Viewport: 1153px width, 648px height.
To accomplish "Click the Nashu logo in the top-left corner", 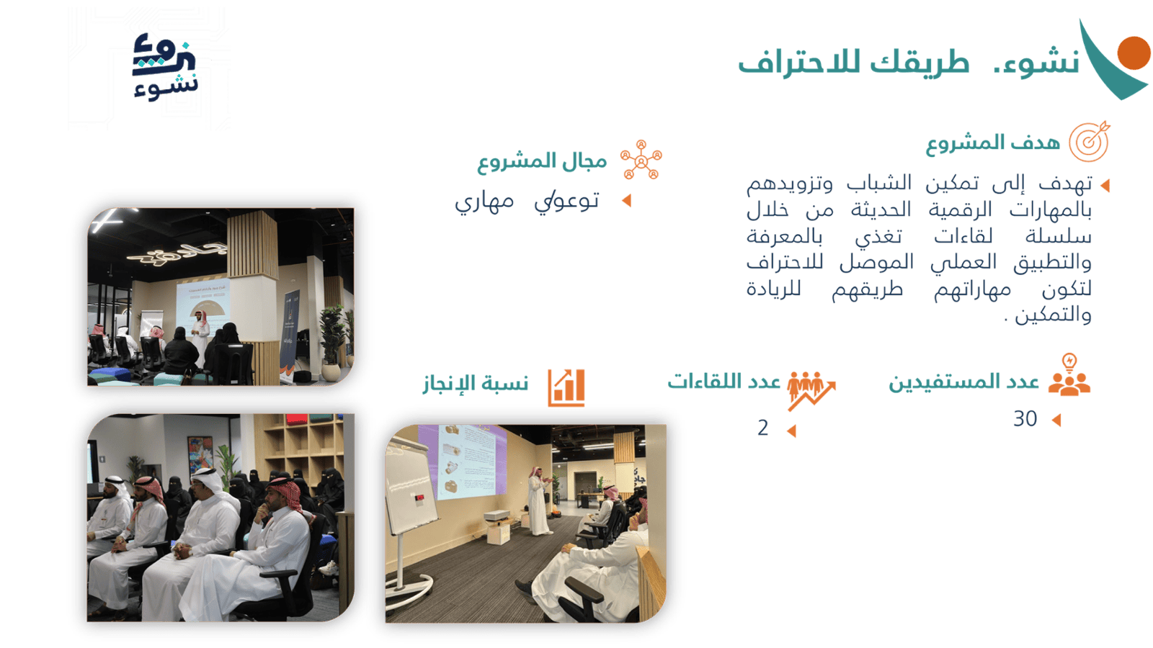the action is (165, 67).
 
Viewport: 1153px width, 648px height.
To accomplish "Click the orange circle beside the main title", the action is (1134, 53).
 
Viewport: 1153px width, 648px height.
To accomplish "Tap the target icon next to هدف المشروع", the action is (1089, 141).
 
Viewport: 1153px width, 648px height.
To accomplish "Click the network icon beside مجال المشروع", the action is (641, 160).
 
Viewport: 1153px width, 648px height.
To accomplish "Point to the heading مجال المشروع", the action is (542, 162).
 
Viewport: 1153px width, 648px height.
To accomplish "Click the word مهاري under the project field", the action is (484, 202).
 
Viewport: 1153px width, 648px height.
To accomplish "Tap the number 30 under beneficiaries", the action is (1025, 419).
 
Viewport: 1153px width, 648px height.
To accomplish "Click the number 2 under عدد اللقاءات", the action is (763, 428).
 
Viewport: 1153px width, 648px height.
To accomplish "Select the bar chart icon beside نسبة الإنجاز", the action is (566, 388).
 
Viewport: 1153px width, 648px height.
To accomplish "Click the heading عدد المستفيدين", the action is (963, 382).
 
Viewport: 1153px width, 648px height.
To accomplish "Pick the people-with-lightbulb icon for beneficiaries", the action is (1069, 375).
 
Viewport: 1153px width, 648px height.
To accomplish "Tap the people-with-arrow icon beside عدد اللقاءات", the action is (811, 390).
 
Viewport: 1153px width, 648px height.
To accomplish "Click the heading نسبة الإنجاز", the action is (476, 384).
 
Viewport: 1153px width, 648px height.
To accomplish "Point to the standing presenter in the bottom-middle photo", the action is (540, 500).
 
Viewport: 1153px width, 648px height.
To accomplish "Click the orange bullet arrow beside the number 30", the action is (1056, 420).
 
